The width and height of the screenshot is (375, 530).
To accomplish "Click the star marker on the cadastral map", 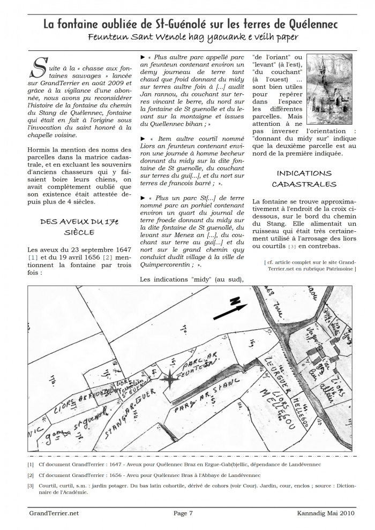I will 169,379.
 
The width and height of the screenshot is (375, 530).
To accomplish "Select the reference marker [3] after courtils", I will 292,246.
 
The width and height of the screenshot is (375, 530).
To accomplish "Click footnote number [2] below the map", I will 30,475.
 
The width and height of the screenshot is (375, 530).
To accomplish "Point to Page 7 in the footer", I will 183,513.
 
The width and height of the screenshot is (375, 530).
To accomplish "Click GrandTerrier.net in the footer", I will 54,513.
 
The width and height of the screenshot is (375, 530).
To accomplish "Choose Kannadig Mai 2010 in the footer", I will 325,513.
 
